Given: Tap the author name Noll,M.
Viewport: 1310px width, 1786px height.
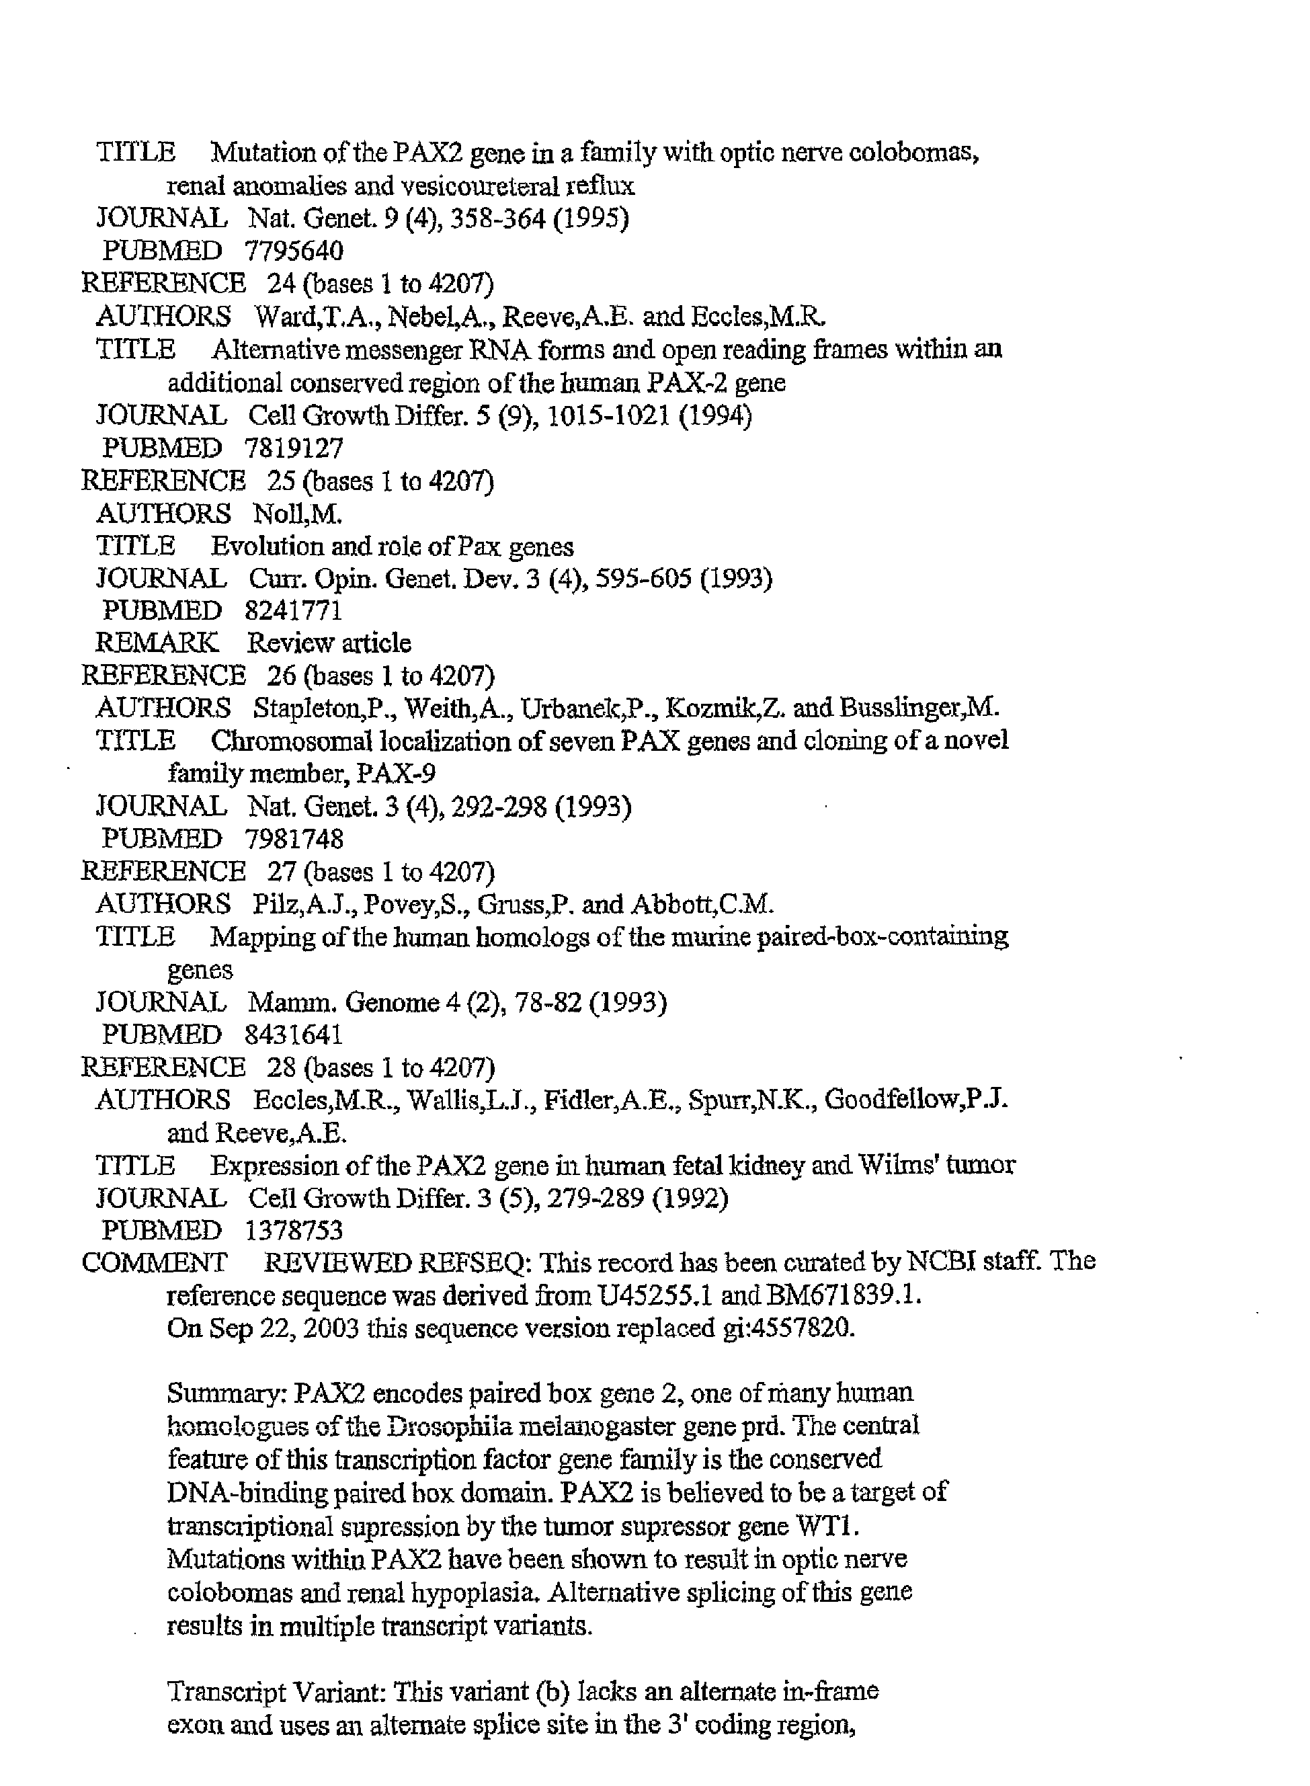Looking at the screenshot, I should pyautogui.click(x=297, y=514).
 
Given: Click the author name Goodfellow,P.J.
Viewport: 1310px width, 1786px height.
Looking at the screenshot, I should pyautogui.click(x=916, y=1100).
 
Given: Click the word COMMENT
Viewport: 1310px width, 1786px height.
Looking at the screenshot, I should pyautogui.click(x=154, y=1262).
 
